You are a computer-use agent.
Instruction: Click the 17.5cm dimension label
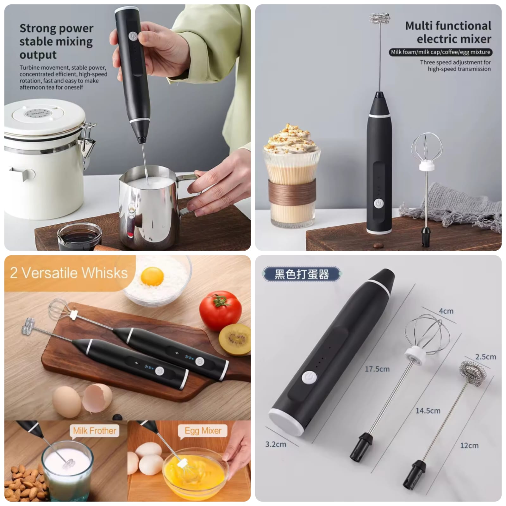coord(377,369)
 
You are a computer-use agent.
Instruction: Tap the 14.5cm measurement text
coord(428,411)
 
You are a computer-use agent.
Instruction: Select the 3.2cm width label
coord(275,444)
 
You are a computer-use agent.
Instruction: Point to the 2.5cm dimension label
coord(485,357)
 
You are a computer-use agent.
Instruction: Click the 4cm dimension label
coord(446,311)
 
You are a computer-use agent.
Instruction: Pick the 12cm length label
coord(469,446)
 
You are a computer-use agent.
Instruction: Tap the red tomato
coord(220,310)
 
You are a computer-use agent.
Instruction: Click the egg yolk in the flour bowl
coord(152,276)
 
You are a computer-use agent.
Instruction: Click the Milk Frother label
coord(94,431)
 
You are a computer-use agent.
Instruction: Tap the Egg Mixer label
coord(203,431)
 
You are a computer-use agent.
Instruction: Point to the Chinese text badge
coord(301,274)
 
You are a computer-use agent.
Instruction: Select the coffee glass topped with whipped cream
coord(291,177)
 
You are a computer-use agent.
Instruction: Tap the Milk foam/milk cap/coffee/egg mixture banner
coord(440,52)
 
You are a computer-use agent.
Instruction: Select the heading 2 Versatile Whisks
coord(69,273)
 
